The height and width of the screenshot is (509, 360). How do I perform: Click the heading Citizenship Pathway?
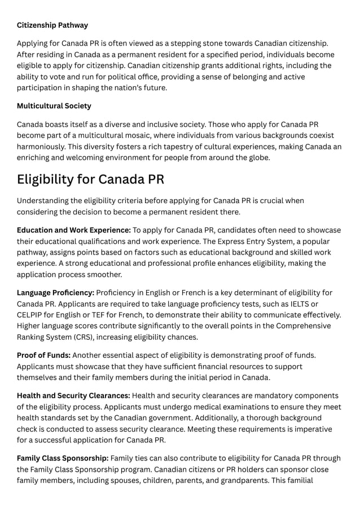[52, 25]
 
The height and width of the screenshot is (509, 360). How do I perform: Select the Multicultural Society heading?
[54, 106]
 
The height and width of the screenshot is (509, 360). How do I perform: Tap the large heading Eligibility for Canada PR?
[90, 179]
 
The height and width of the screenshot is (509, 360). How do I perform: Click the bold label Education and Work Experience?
[74, 230]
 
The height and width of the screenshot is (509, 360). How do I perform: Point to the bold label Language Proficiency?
[55, 293]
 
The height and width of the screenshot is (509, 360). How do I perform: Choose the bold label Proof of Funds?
[43, 355]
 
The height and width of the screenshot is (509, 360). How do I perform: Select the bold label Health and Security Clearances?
[73, 396]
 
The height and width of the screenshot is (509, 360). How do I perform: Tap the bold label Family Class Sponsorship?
[63, 458]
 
